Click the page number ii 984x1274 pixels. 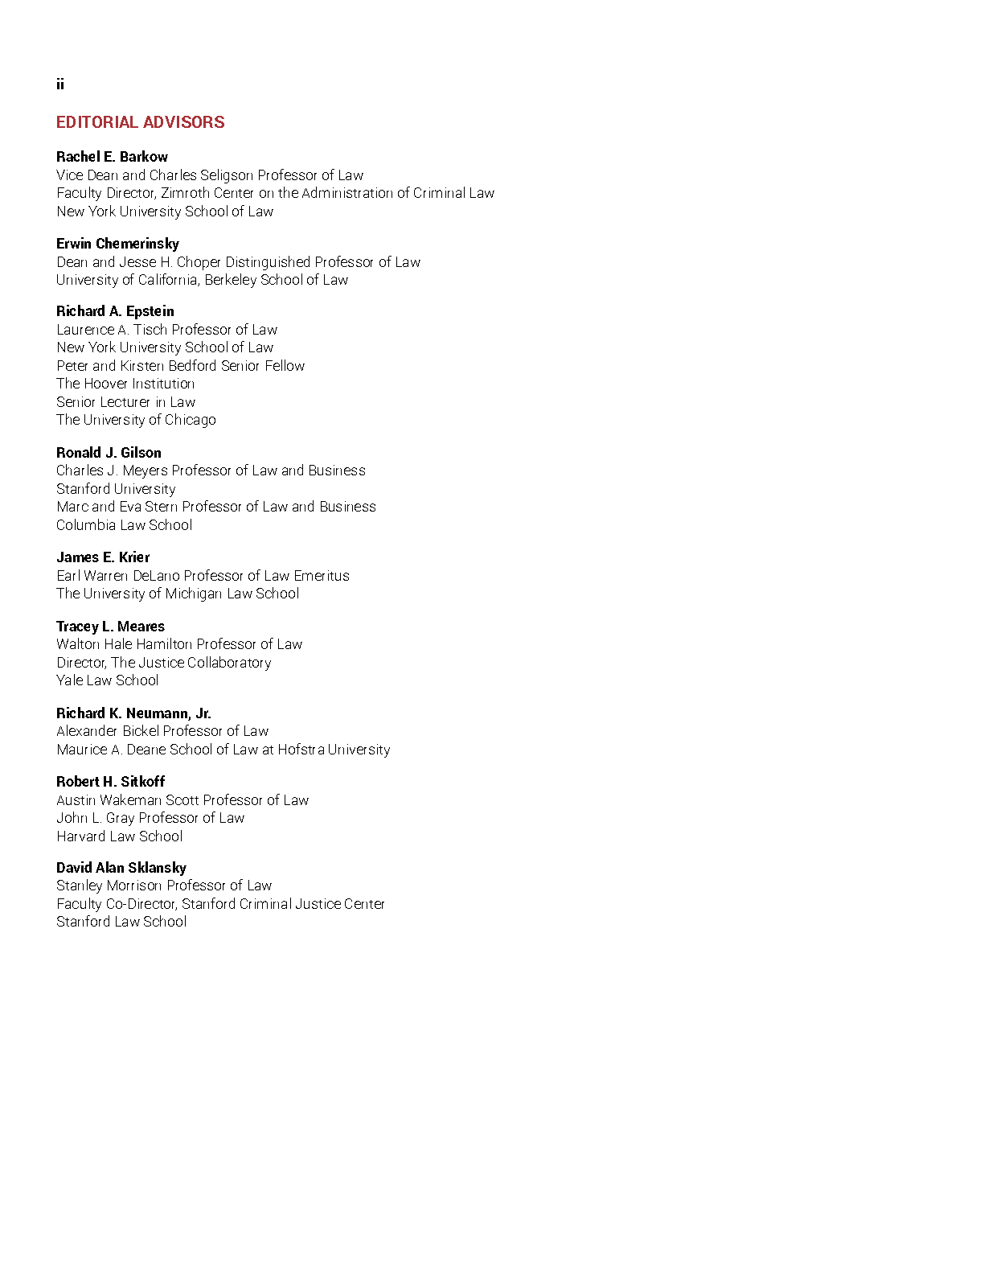60,84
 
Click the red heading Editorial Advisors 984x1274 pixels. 141,122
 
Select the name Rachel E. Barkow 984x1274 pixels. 112,157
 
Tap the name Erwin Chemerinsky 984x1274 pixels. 117,244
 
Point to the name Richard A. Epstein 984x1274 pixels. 115,311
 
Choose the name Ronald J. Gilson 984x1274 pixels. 109,453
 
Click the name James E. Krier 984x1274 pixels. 103,557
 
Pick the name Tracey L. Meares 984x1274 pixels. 110,627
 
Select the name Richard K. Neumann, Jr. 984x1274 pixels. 133,713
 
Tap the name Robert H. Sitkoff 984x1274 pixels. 110,782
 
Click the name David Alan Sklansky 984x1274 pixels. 121,868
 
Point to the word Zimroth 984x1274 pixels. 185,193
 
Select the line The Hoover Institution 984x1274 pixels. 125,384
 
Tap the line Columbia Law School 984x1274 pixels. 124,525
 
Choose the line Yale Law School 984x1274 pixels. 107,680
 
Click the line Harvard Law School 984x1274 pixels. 119,836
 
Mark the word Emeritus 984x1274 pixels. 322,576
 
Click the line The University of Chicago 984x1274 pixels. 136,420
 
